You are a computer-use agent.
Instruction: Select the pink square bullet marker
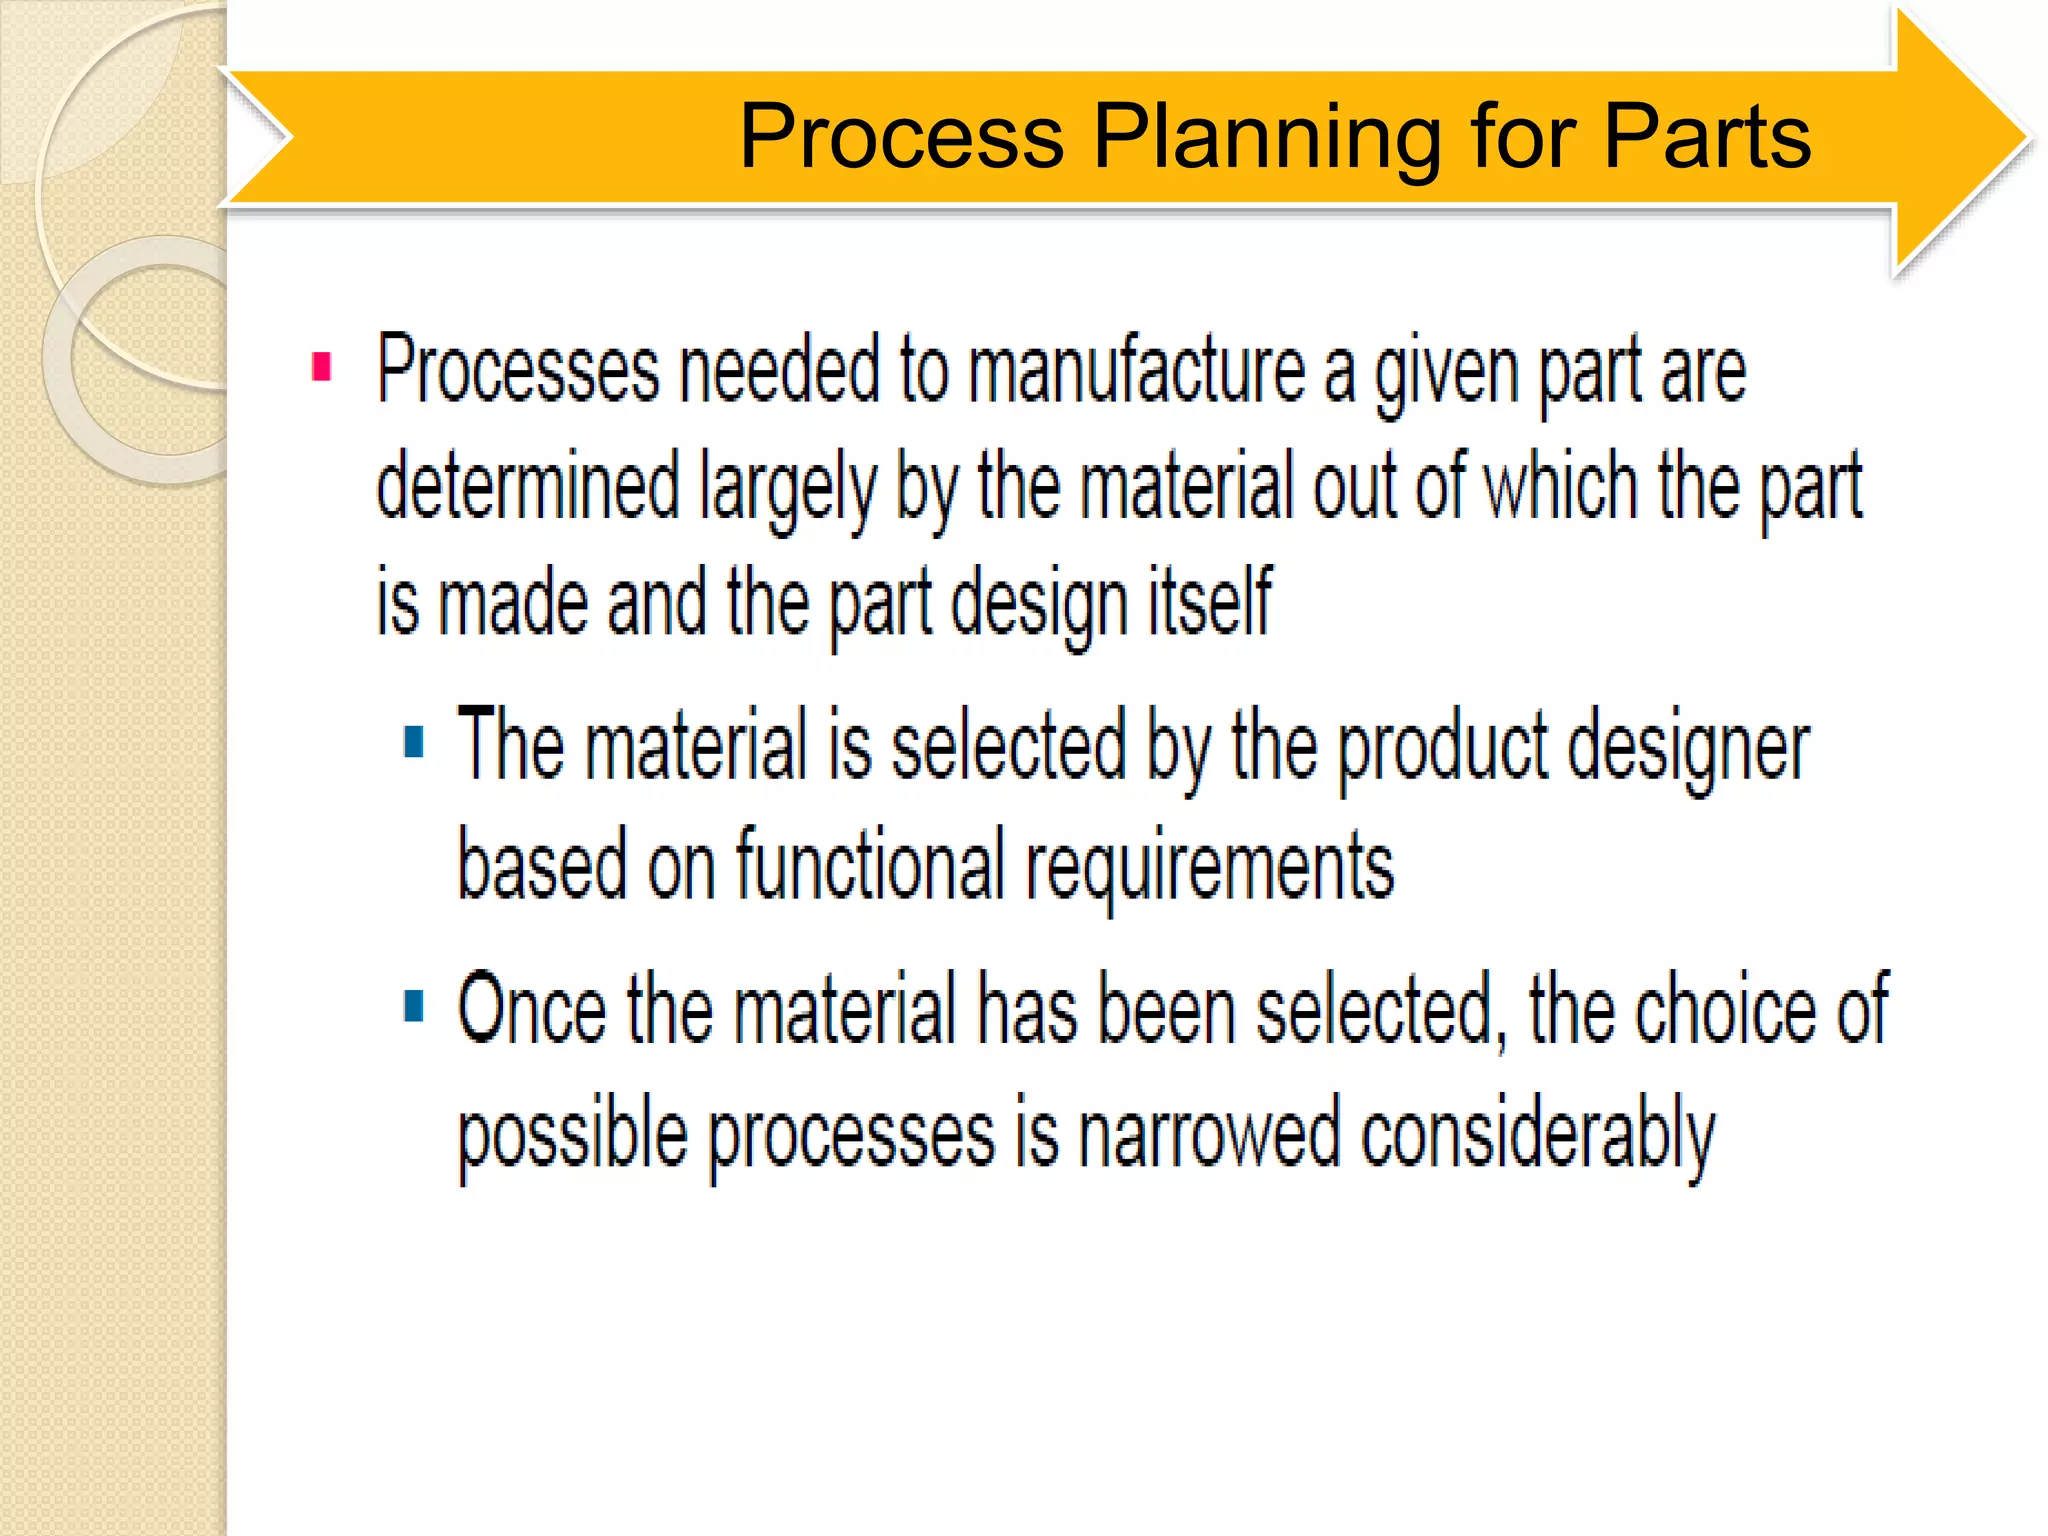[x=321, y=367]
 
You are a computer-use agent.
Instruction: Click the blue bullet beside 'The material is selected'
[x=414, y=742]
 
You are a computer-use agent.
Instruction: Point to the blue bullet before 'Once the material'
[x=414, y=1006]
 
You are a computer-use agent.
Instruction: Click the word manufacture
[x=1137, y=370]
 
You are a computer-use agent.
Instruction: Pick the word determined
[x=528, y=486]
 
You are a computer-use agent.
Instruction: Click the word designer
[x=1688, y=750]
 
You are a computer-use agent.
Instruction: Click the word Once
[x=532, y=1010]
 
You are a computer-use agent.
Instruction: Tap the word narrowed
[x=1209, y=1134]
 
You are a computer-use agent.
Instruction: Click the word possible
[x=573, y=1136]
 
